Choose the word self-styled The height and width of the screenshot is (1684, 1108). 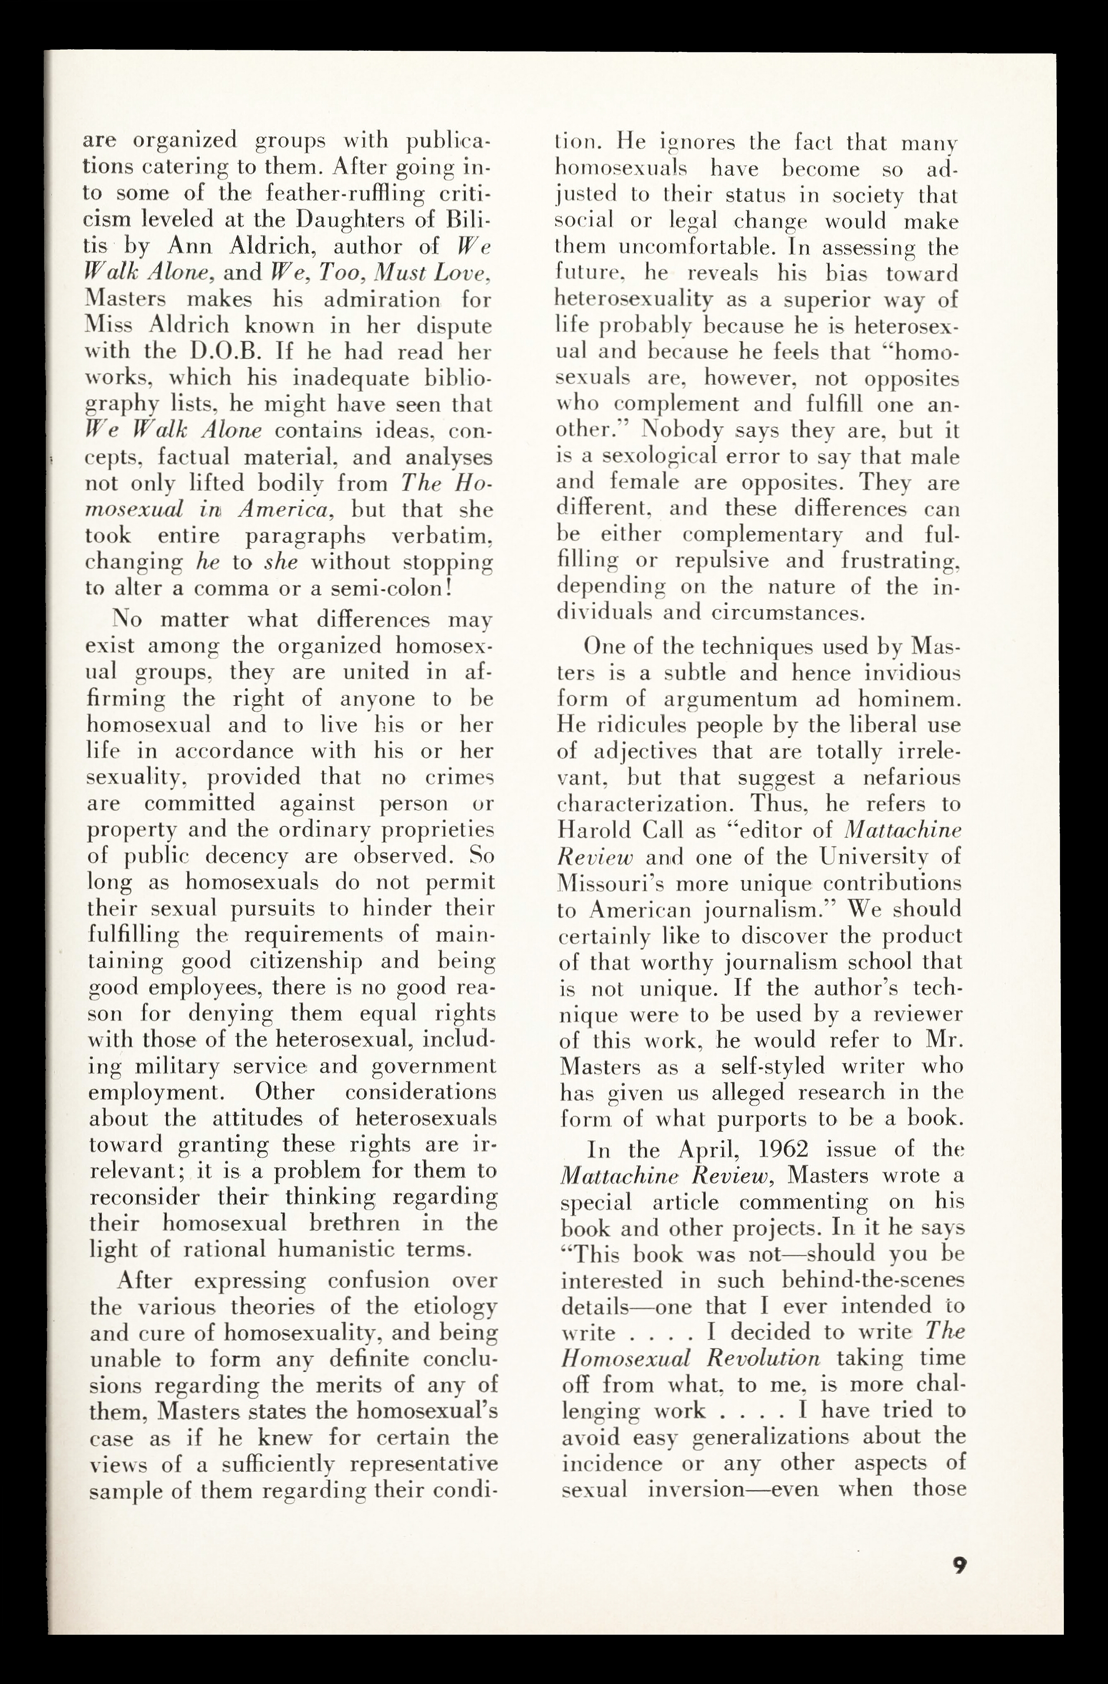(753, 1066)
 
